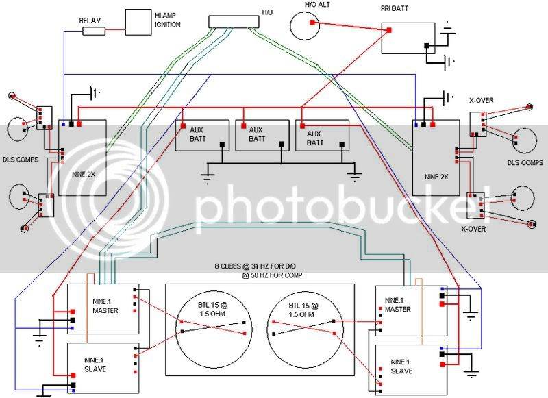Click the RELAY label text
tap(90, 21)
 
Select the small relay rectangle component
tap(94, 32)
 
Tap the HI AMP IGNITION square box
tap(138, 22)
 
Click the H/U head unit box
tap(234, 22)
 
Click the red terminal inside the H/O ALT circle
tap(312, 23)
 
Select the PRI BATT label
tap(395, 8)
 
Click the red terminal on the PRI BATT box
tap(389, 30)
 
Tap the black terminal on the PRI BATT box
tap(426, 46)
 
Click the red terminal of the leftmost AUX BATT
tap(183, 126)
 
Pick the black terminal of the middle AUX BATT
tap(282, 144)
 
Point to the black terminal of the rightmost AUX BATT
tap(342, 145)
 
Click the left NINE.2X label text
tap(84, 174)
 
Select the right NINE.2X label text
tap(436, 177)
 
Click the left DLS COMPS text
tap(21, 160)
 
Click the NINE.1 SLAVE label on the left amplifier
tap(95, 364)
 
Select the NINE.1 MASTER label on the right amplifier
tap(398, 305)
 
